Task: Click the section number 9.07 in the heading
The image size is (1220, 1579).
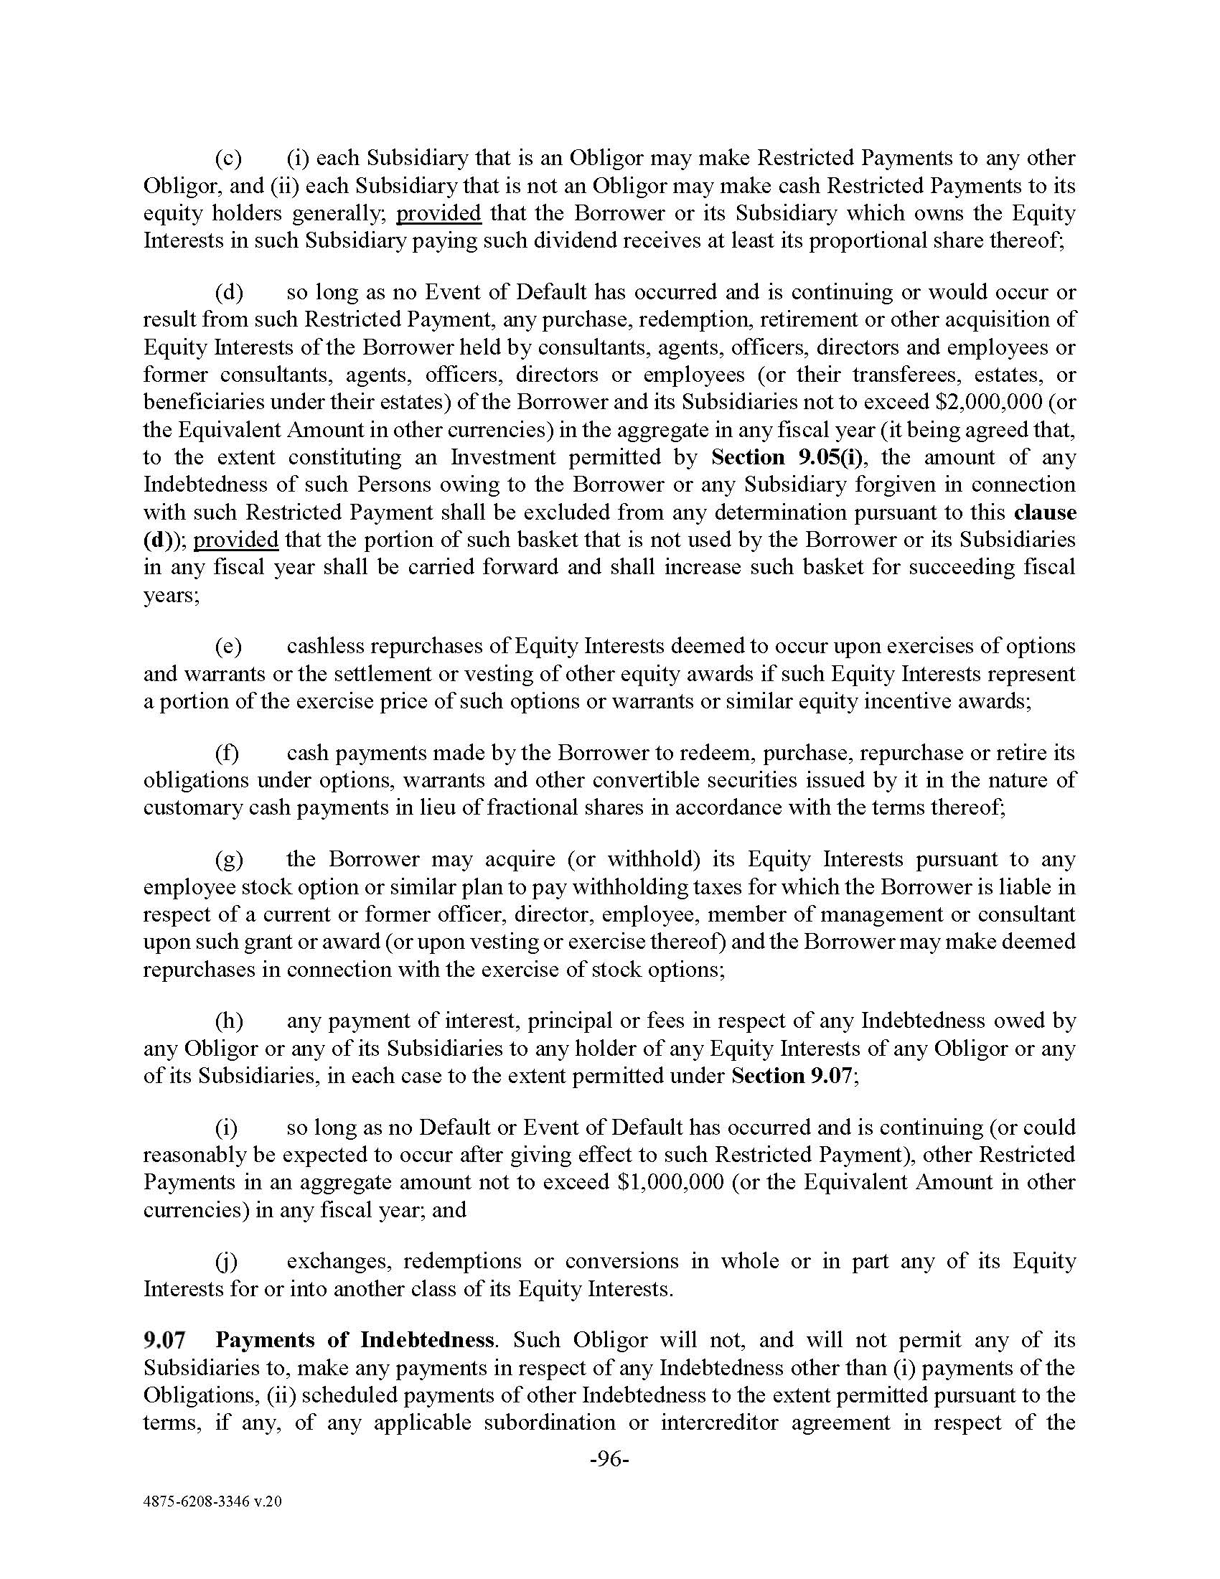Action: tap(165, 1340)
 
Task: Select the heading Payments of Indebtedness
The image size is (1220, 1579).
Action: tap(354, 1340)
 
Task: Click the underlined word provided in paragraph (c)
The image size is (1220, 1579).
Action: tap(438, 213)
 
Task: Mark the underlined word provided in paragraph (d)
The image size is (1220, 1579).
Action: tap(235, 539)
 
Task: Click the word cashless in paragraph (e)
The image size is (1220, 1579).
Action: tap(329, 646)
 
